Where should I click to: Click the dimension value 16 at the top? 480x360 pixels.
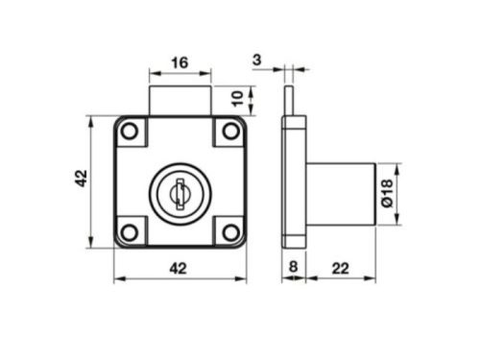tap(179, 63)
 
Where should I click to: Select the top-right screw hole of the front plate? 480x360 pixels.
tap(229, 131)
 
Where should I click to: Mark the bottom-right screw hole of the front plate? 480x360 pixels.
tap(229, 230)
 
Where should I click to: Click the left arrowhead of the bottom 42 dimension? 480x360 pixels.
tap(118, 280)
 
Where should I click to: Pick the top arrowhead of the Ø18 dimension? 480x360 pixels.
tap(396, 166)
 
